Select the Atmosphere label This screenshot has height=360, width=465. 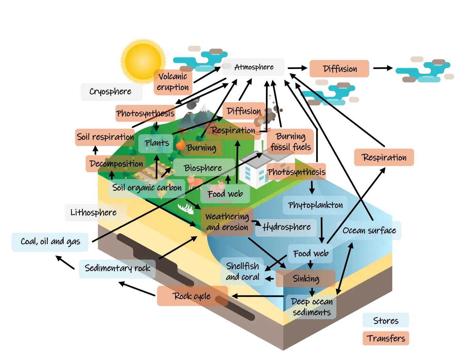tap(254, 67)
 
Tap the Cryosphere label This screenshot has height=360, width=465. tap(110, 92)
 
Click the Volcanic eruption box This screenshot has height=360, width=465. tap(173, 82)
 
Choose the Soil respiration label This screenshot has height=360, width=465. tap(105, 137)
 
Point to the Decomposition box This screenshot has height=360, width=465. tap(116, 164)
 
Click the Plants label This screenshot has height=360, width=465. tap(157, 143)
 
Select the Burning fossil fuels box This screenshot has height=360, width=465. tap(291, 142)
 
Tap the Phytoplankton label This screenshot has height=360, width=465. tap(315, 205)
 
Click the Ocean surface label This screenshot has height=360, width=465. tap(369, 231)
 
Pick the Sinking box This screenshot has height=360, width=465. tap(306, 279)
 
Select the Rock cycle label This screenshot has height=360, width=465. tap(192, 296)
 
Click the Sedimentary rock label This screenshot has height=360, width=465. tap(117, 268)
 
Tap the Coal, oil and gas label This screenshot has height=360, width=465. tap(50, 242)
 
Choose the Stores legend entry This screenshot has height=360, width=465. tap(386, 321)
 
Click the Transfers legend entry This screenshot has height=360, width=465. tap(386, 338)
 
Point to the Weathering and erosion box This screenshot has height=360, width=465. tap(227, 222)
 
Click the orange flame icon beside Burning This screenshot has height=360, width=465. tap(180, 144)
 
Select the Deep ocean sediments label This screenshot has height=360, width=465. tap(311, 307)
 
